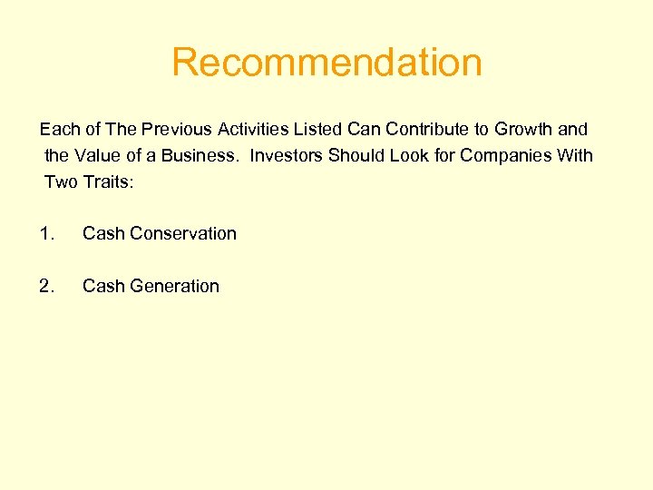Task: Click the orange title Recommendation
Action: [x=326, y=63]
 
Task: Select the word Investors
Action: [x=286, y=155]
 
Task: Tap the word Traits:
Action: [x=109, y=181]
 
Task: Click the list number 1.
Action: [x=46, y=233]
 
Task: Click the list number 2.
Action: [x=46, y=286]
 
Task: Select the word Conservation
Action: [x=183, y=233]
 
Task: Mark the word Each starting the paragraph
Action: [x=58, y=130]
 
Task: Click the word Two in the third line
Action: [x=61, y=181]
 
